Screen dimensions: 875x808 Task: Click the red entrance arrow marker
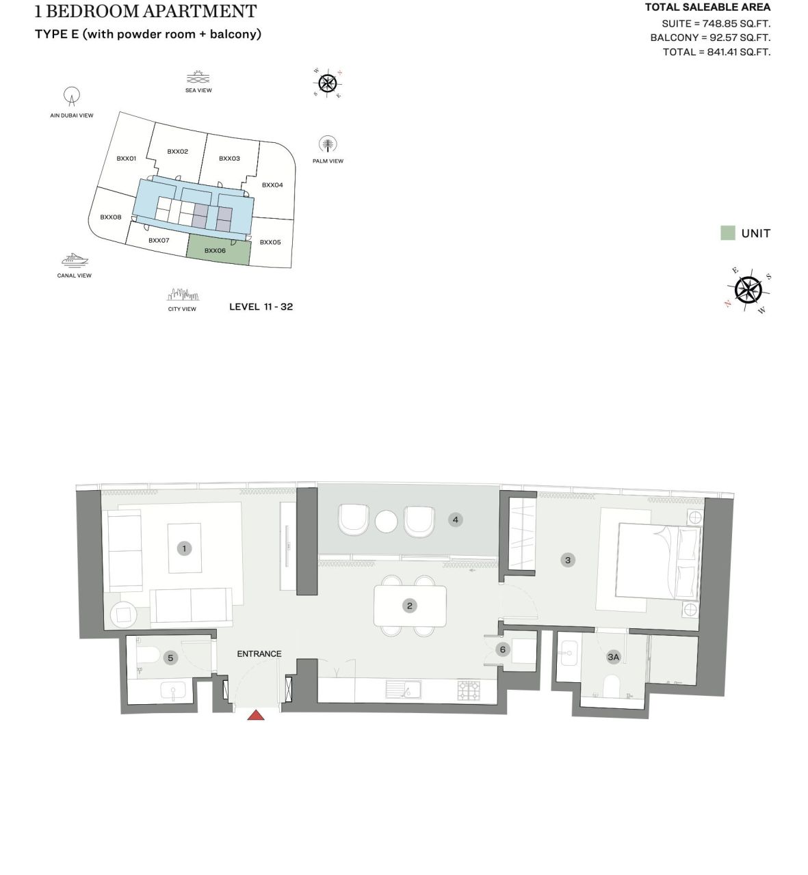[256, 715]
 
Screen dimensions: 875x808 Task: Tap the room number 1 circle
[184, 548]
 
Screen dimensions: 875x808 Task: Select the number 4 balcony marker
[455, 520]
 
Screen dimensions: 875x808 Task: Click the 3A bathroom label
[613, 657]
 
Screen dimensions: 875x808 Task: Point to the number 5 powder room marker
[170, 658]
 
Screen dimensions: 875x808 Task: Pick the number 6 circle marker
[503, 649]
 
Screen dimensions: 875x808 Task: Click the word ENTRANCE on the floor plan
[259, 654]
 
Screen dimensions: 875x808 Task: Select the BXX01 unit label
[126, 158]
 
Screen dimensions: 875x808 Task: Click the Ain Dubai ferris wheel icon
[72, 96]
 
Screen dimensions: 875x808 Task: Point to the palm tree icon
[328, 145]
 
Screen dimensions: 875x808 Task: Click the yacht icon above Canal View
[75, 260]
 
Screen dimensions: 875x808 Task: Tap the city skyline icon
[183, 295]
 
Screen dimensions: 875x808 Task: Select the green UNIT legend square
[727, 233]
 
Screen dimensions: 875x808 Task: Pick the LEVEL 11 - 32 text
[261, 307]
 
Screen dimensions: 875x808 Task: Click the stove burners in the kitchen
[468, 690]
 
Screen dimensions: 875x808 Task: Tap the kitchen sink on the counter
[404, 689]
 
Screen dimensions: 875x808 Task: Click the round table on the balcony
[387, 521]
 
